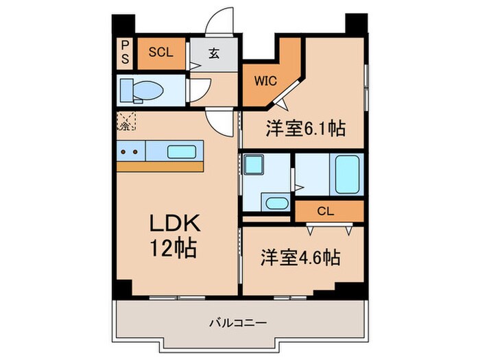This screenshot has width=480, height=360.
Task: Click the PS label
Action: point(125,52)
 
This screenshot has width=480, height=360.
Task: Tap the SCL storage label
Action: point(161,52)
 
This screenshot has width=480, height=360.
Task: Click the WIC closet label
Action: point(265,80)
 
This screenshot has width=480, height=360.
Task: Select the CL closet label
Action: point(326,212)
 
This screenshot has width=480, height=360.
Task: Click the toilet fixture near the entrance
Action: point(141,90)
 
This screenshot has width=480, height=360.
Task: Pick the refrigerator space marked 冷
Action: point(126,123)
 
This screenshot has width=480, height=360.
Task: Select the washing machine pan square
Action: point(254,166)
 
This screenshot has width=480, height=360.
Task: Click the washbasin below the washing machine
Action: point(276,203)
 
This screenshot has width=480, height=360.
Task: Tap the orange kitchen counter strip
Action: point(160,167)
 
